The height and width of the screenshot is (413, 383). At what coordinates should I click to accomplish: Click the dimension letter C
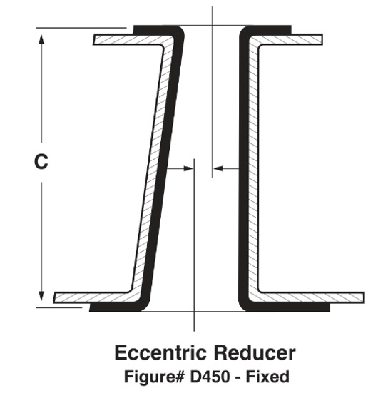41,161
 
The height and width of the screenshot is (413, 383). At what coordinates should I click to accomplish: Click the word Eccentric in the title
160,352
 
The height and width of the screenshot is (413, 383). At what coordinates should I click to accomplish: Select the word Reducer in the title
254,352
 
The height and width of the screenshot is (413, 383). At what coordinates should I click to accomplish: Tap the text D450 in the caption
210,377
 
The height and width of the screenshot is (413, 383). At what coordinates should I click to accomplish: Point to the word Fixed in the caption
267,377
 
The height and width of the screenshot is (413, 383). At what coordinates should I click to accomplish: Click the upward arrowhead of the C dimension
41,39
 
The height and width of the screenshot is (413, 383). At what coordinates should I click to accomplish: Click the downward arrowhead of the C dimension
41,296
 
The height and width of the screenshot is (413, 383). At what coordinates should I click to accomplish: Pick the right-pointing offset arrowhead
188,168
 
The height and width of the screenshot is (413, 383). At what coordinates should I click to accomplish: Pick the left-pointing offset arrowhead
218,168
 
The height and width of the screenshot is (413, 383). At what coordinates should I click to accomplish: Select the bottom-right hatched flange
311,297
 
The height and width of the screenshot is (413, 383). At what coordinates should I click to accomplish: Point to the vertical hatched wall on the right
254,168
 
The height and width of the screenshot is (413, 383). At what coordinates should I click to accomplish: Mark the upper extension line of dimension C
81,28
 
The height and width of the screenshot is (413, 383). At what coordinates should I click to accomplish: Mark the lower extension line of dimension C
59,307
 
